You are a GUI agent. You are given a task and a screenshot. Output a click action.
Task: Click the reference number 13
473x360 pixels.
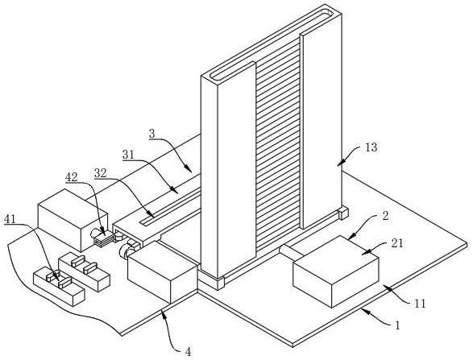coord(371,147)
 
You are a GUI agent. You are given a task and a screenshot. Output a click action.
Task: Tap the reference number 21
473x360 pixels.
coord(397,243)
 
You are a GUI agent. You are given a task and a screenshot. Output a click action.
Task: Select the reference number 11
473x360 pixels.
coord(420,303)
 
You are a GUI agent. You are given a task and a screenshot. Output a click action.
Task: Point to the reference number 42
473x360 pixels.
coord(71,176)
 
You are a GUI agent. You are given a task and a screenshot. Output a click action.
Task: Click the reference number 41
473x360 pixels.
coord(10,219)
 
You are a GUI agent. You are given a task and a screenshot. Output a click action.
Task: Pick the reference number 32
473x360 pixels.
coord(101,173)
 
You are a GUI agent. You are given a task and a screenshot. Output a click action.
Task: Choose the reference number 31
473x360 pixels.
coord(128,155)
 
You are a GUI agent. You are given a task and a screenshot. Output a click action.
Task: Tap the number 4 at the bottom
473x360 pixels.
coord(188,352)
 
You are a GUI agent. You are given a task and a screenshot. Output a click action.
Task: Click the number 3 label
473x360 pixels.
coord(152,134)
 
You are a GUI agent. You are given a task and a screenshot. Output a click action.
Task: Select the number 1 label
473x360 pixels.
coord(397,325)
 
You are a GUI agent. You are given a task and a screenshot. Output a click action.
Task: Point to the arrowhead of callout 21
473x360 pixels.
coord(365,252)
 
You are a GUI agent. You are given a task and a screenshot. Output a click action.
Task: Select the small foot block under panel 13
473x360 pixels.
coord(343,213)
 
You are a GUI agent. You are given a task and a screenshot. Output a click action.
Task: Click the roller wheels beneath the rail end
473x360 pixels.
coord(128,249)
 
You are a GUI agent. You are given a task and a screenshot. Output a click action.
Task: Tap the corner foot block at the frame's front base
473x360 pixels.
coord(221,283)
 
